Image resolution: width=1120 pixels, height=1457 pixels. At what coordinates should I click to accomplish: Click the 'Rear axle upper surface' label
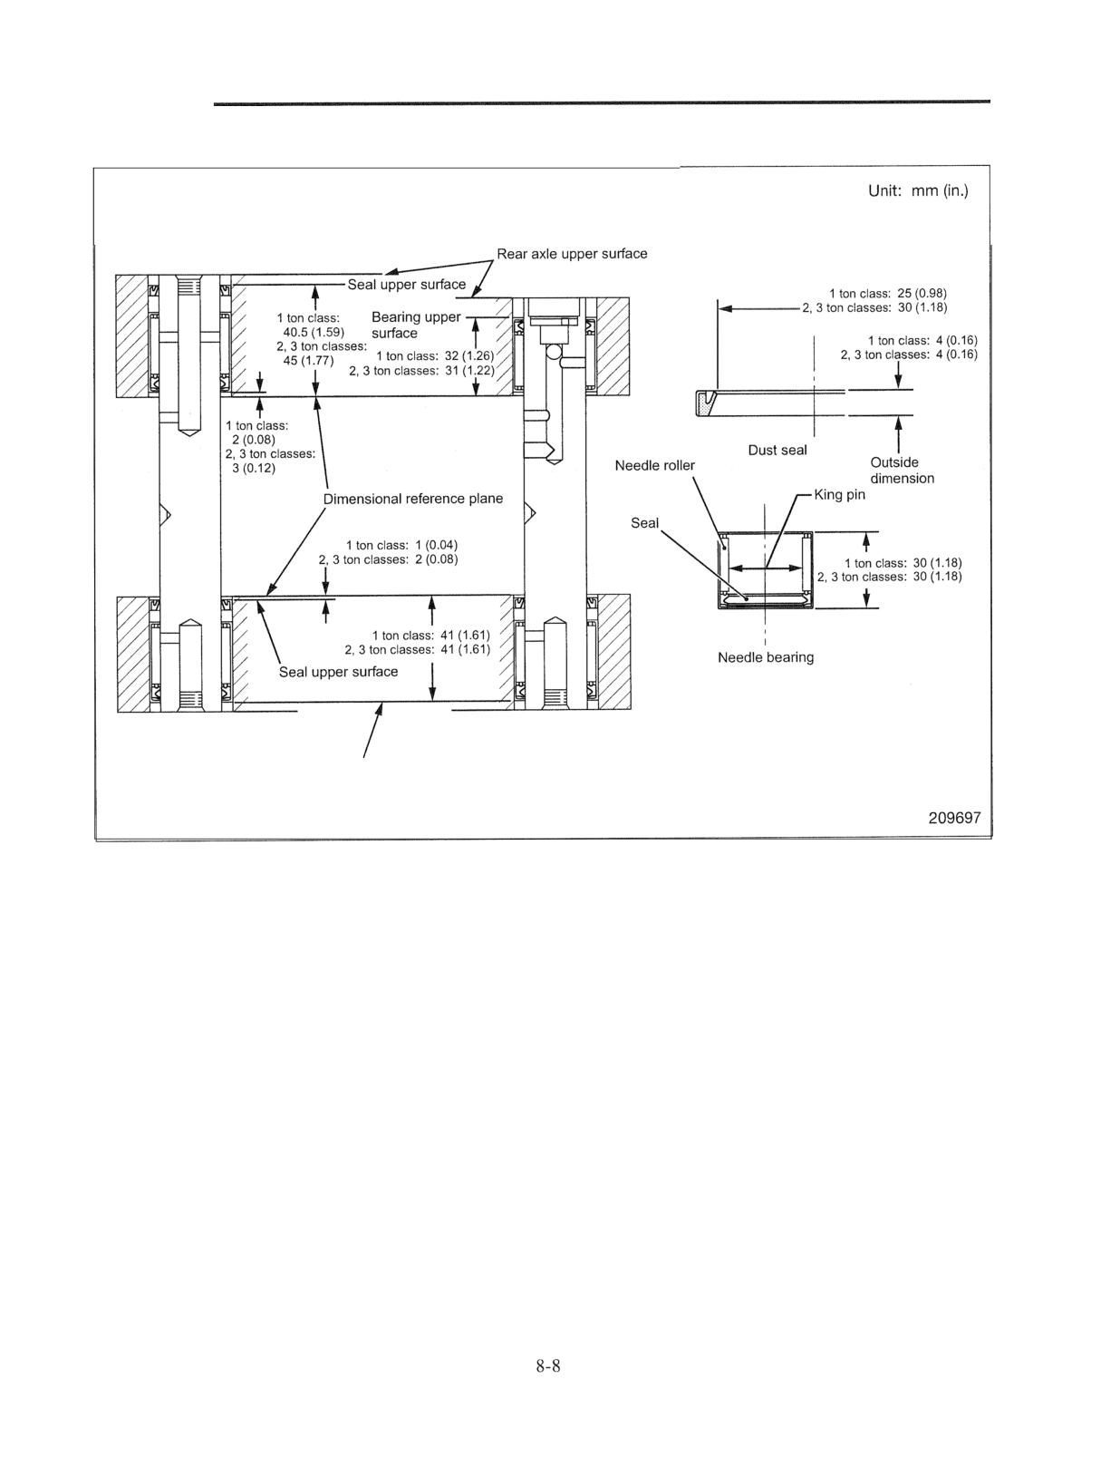coord(572,254)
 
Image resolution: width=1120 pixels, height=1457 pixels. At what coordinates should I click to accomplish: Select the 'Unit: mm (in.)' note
coord(918,191)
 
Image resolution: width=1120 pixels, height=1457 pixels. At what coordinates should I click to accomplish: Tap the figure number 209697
coord(954,818)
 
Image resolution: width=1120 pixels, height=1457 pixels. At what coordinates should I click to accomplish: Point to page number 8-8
coord(548,1365)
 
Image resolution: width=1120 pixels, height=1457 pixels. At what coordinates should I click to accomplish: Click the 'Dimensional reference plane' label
coord(412,499)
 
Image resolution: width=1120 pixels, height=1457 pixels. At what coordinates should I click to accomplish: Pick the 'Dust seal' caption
coord(777,451)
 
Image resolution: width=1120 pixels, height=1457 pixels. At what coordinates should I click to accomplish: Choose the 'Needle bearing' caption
coord(766,657)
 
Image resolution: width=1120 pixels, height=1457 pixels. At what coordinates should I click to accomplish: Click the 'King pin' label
coord(839,495)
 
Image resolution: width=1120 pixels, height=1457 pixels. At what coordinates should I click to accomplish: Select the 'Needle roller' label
coord(655,465)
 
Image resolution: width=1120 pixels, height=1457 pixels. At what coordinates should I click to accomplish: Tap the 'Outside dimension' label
coord(902,470)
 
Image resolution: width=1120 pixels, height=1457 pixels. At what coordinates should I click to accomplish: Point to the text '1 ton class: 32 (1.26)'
coord(435,356)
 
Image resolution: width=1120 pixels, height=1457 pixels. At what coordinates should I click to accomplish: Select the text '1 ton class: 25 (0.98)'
coord(887,294)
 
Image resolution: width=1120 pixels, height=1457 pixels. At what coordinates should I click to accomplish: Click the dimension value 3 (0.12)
coord(254,468)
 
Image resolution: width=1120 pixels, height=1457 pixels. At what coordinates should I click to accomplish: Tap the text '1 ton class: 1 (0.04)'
coord(401,545)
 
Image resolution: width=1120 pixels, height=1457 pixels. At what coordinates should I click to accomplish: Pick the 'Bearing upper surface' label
coord(416,325)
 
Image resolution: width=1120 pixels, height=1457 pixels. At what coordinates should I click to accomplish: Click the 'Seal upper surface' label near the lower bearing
coord(338,672)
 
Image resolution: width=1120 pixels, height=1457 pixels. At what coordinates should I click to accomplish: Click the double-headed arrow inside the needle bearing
coord(765,568)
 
